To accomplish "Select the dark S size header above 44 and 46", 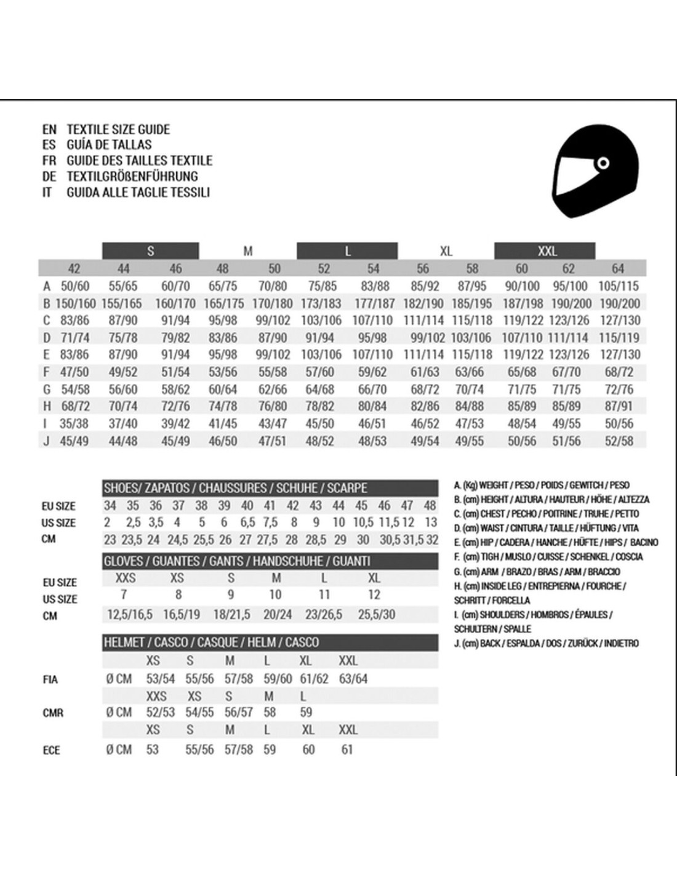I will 151,251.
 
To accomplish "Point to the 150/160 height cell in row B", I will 75,303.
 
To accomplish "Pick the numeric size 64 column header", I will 617,268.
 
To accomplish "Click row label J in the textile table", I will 46,441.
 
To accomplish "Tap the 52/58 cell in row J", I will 619,441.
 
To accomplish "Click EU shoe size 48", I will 430,506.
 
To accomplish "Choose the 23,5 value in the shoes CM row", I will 132,540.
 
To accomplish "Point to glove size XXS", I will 126,578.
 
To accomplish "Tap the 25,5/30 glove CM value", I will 377,615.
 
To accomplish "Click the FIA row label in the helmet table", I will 50,680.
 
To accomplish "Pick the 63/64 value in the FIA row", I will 353,679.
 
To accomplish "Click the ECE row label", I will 51,750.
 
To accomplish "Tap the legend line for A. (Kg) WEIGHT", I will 542,485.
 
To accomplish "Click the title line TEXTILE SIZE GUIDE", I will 118,129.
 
